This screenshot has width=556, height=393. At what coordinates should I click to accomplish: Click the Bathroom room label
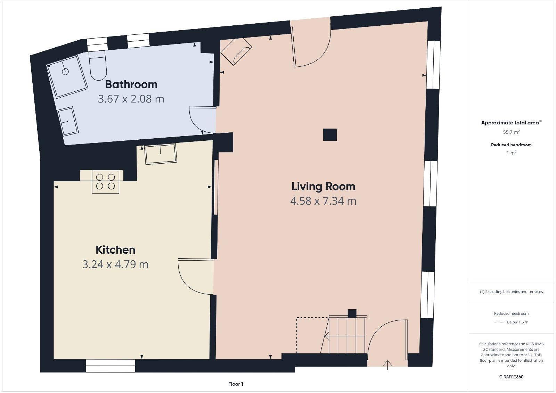point(131,84)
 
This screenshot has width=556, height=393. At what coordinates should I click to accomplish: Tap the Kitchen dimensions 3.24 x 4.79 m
point(115,264)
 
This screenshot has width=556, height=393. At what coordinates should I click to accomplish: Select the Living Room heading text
point(323,187)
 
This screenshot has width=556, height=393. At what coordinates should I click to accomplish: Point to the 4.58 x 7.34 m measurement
point(323,201)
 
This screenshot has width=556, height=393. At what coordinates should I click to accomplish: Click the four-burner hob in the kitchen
point(106,181)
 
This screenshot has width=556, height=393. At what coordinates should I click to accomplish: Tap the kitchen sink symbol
point(161,154)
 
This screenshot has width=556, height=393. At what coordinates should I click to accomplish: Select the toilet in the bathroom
point(98,66)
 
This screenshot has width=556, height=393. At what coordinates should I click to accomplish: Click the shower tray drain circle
point(65,72)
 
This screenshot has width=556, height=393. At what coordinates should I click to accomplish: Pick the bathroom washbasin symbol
point(68,122)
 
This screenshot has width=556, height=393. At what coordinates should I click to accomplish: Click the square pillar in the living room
point(330,134)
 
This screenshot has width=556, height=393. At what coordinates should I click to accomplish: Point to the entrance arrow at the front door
point(387,365)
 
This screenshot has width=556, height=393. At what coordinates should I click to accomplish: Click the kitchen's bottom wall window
point(111,366)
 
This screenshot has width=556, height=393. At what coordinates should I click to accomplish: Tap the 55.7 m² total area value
point(511,132)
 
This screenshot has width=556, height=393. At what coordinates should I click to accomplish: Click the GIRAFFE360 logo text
point(511,377)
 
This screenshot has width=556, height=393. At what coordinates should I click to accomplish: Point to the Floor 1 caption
point(236,384)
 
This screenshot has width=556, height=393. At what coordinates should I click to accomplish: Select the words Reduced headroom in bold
point(511,145)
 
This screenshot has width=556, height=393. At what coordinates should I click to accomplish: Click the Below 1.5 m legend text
point(517,322)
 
